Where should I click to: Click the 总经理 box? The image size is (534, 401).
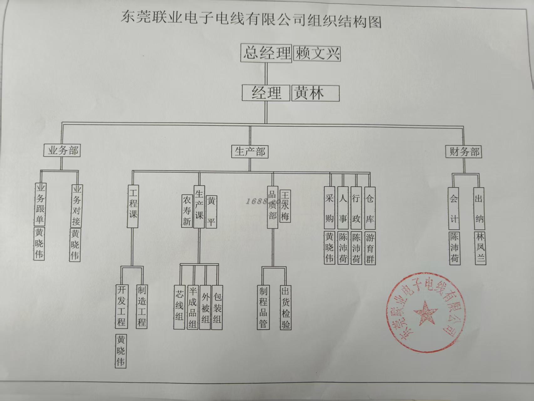pos(266,53)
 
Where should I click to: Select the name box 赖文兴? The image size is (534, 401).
pos(317,53)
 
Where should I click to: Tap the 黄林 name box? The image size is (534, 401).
pos(315,93)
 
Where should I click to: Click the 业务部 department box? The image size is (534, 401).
pos(62,150)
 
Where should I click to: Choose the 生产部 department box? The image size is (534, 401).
pos(250,152)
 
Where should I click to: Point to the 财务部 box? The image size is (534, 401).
pos(464,152)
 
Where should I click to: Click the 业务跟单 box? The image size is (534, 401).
pos(40,204)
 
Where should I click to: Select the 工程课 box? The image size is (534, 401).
pos(133,206)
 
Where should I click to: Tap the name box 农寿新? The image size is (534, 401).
pos(187,211)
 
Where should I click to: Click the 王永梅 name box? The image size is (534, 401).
pos(285,206)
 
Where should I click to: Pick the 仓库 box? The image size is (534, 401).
pos(370,208)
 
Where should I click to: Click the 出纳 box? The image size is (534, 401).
pos(479,208)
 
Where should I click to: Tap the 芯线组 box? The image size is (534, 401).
pos(179,307)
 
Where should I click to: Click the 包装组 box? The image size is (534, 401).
pos(217,307)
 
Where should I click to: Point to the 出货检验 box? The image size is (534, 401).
pos(285,308)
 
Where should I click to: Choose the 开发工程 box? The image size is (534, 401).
pos(121,306)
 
